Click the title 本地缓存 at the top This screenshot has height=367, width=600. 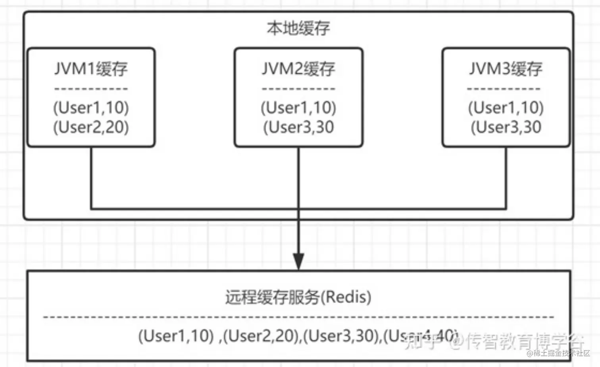298,29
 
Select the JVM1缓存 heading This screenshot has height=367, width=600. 91,69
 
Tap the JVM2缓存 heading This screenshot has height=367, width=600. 298,69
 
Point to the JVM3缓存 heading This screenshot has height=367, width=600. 506,69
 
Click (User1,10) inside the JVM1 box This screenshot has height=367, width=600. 91,107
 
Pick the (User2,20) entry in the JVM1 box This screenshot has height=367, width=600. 91,127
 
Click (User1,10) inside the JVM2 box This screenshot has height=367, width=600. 298,107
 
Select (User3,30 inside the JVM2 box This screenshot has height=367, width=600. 298,127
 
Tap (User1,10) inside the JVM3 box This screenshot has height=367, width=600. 506,107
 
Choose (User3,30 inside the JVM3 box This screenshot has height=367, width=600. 506,127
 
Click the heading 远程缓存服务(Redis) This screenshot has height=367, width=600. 298,297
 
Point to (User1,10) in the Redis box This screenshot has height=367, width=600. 176,336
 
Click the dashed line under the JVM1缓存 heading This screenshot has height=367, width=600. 91,89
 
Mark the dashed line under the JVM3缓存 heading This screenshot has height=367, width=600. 504,89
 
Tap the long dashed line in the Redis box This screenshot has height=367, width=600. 298,317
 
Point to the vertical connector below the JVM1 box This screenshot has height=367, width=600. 91,177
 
